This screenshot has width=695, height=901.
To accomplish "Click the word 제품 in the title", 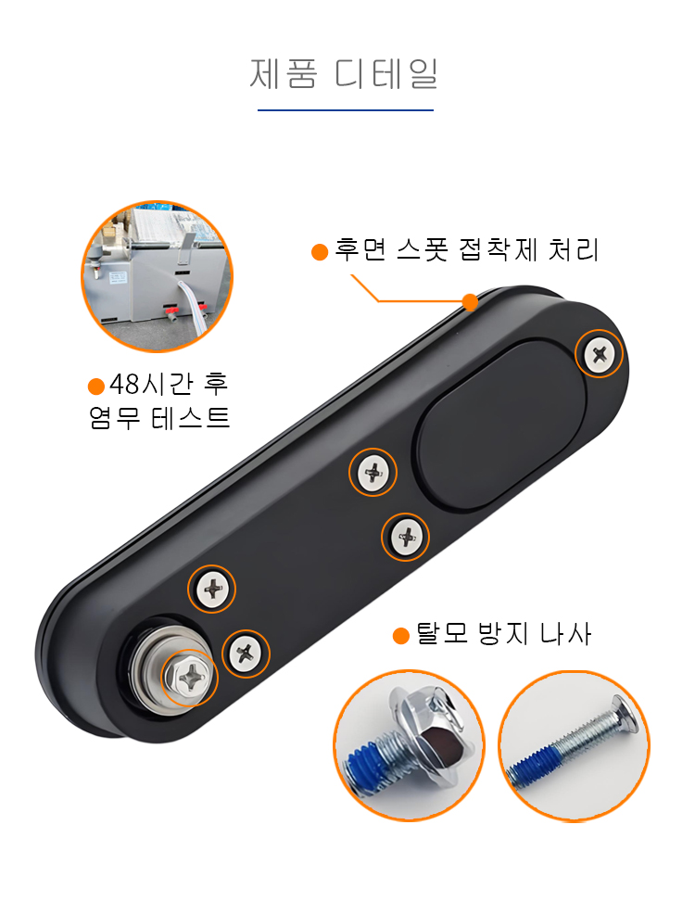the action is point(284,73).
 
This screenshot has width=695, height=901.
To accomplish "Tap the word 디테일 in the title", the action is point(386,73).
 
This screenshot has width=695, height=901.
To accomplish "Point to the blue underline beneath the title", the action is point(346,109).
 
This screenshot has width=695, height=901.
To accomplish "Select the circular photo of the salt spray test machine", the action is point(157,276).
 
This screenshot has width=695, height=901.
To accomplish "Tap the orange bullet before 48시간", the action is point(96,387).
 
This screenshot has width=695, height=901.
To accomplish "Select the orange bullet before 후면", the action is point(320,252).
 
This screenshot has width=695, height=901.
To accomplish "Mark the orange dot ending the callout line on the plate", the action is point(471,301).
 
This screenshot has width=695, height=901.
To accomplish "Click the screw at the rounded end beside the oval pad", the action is point(599,353).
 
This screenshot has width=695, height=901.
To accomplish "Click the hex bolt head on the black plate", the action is point(187,678).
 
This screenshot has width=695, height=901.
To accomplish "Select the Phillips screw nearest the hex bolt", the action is point(246,654).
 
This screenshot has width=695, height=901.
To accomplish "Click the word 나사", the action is point(566,634).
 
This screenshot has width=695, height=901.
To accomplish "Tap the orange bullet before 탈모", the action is point(400,636).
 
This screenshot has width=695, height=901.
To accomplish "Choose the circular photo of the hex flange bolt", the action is point(409,745).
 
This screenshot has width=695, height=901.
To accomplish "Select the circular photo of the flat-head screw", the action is point(574,745).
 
